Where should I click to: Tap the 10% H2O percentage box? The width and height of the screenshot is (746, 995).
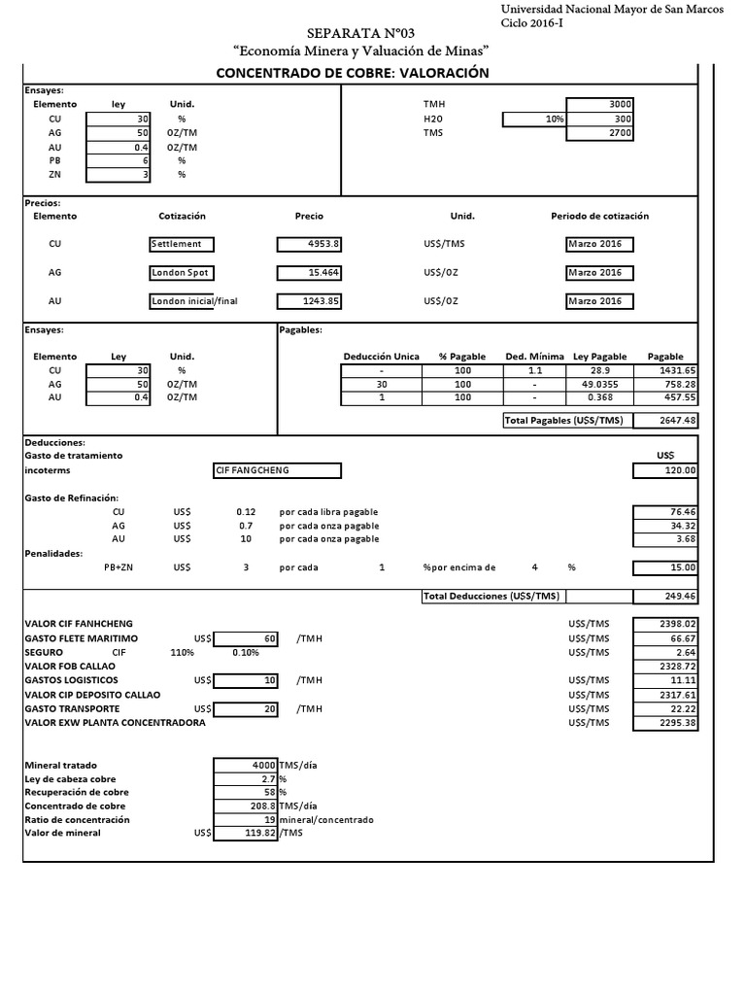coord(533,120)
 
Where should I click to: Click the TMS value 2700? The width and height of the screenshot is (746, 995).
coord(600,134)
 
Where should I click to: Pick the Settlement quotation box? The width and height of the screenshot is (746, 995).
coord(182,244)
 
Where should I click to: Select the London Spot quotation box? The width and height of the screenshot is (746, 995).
coord(182,273)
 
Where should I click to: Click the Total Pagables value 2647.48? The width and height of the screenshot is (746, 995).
coord(666,420)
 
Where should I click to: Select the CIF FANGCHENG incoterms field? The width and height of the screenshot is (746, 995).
coord(277,471)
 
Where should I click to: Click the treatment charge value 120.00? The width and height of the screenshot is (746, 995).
coord(666,471)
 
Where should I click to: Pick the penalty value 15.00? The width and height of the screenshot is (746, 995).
coord(666,567)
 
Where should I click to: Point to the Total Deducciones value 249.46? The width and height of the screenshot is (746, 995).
coord(666,597)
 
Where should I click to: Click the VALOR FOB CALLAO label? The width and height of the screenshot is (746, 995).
coord(71,666)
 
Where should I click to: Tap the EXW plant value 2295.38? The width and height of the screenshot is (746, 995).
coord(666,723)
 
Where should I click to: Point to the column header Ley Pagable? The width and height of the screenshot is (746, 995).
coord(599,357)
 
